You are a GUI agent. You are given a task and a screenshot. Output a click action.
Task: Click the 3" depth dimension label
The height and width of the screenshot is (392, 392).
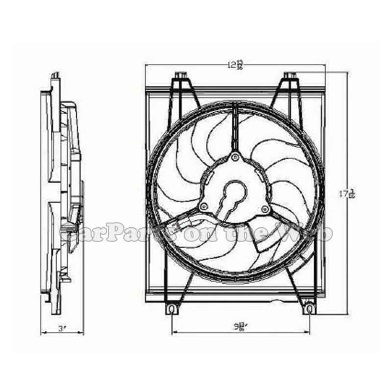[62, 329]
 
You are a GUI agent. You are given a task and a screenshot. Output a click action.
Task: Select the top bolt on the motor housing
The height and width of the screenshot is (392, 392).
[235, 157]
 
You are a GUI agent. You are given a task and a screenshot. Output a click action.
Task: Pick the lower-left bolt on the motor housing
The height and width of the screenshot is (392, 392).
[204, 206]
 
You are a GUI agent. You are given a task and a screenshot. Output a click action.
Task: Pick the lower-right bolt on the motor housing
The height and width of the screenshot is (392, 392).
[265, 209]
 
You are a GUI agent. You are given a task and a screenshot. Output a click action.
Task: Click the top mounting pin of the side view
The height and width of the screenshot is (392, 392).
[55, 75]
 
